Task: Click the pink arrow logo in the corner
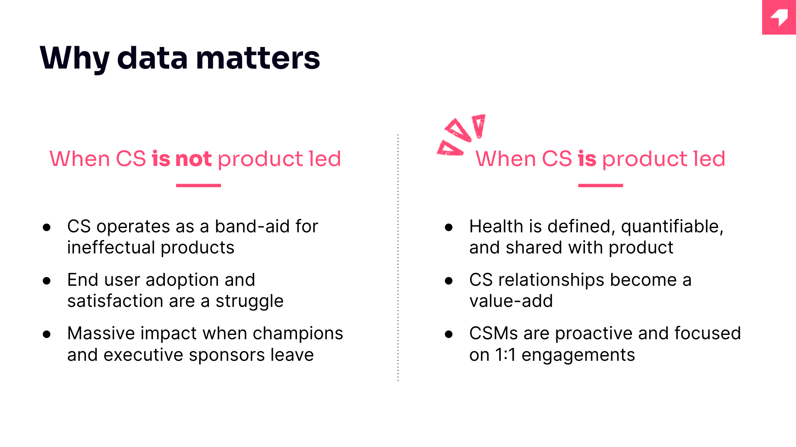779,17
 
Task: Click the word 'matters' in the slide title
258,58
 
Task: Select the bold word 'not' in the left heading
193,159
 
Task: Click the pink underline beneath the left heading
199,185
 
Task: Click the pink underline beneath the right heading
600,185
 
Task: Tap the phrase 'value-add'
511,301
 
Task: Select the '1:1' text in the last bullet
505,355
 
